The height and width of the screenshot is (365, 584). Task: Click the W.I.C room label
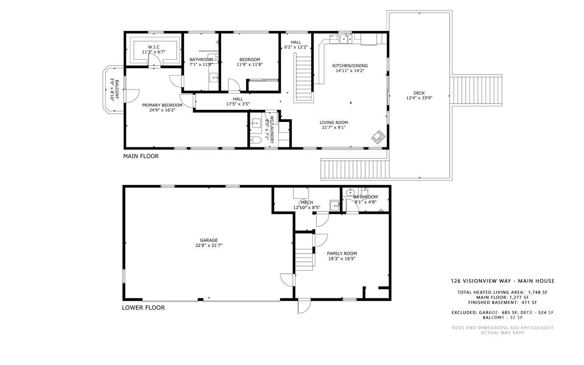(x=153, y=47)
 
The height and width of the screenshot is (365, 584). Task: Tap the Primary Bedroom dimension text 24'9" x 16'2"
(x=162, y=110)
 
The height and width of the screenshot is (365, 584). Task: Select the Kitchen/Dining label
(x=350, y=65)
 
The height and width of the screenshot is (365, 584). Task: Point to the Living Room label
(x=334, y=122)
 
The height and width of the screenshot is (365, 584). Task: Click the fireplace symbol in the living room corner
(x=378, y=137)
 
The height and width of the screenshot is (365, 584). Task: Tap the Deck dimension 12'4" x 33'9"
(x=419, y=98)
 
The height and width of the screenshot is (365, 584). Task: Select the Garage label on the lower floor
(x=209, y=240)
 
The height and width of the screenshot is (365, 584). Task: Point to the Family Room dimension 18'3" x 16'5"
(x=341, y=259)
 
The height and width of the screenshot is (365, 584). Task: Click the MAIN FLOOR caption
(x=141, y=156)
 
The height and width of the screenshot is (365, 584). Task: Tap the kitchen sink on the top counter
(x=345, y=39)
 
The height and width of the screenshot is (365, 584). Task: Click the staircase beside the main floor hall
(x=304, y=78)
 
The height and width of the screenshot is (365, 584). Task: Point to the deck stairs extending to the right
(x=475, y=90)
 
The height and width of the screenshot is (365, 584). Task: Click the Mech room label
(x=307, y=202)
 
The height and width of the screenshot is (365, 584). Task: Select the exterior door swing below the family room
(x=304, y=306)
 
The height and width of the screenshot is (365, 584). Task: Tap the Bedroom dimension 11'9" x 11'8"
(x=250, y=65)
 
